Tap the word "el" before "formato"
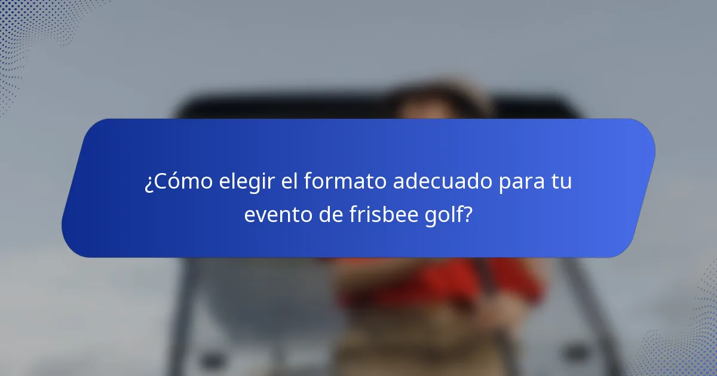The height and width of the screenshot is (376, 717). [x=289, y=181]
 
